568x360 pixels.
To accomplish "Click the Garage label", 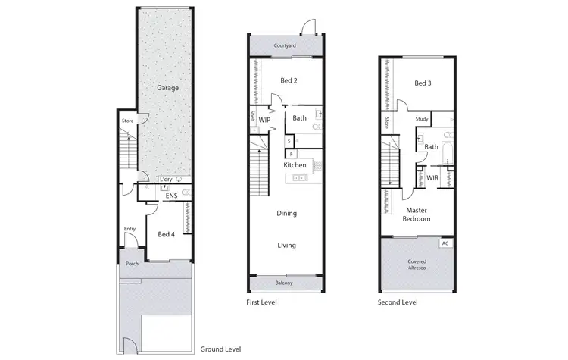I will (167, 88).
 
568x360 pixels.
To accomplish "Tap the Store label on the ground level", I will (128, 119).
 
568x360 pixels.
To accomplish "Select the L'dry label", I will (165, 179).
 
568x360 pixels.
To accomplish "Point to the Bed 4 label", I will (167, 234).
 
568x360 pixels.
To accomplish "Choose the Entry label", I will (130, 229).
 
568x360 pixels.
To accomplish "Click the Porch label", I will (133, 265).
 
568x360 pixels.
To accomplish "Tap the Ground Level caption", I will (220, 349).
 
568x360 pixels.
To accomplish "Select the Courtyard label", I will (285, 46).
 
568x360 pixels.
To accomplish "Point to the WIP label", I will (265, 120).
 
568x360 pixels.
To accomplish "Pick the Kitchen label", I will (295, 165).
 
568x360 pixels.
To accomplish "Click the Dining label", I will (286, 214).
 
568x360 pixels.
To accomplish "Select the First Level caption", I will (262, 302).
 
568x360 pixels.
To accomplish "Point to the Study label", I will (423, 119).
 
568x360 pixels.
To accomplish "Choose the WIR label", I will (432, 178).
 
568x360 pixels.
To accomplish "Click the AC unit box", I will (445, 243).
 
